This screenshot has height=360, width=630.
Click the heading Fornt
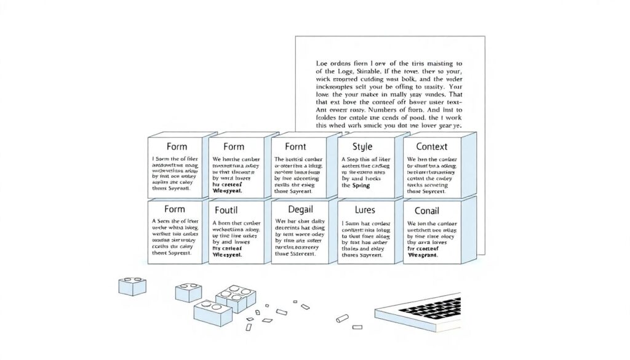pyautogui.click(x=295, y=147)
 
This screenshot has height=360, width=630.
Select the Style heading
pyautogui.click(x=362, y=147)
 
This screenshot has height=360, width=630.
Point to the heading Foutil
pyautogui.click(x=225, y=210)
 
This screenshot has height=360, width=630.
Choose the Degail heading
pyautogui.click(x=295, y=210)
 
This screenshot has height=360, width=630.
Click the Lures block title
pyautogui.click(x=362, y=210)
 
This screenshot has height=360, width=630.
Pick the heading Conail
pyautogui.click(x=423, y=210)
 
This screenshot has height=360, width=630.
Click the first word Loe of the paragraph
pyautogui.click(x=322, y=63)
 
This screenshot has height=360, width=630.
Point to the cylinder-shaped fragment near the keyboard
pyautogui.click(x=342, y=319)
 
